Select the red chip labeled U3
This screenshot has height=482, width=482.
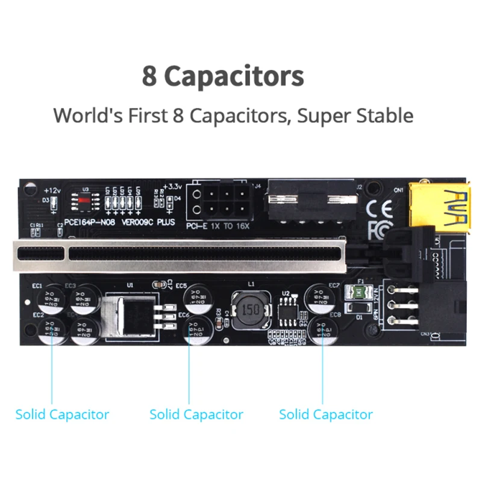85,199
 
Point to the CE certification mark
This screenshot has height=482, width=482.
380,208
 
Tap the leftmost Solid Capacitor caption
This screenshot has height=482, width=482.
62,415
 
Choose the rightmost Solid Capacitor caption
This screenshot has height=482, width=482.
326,415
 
